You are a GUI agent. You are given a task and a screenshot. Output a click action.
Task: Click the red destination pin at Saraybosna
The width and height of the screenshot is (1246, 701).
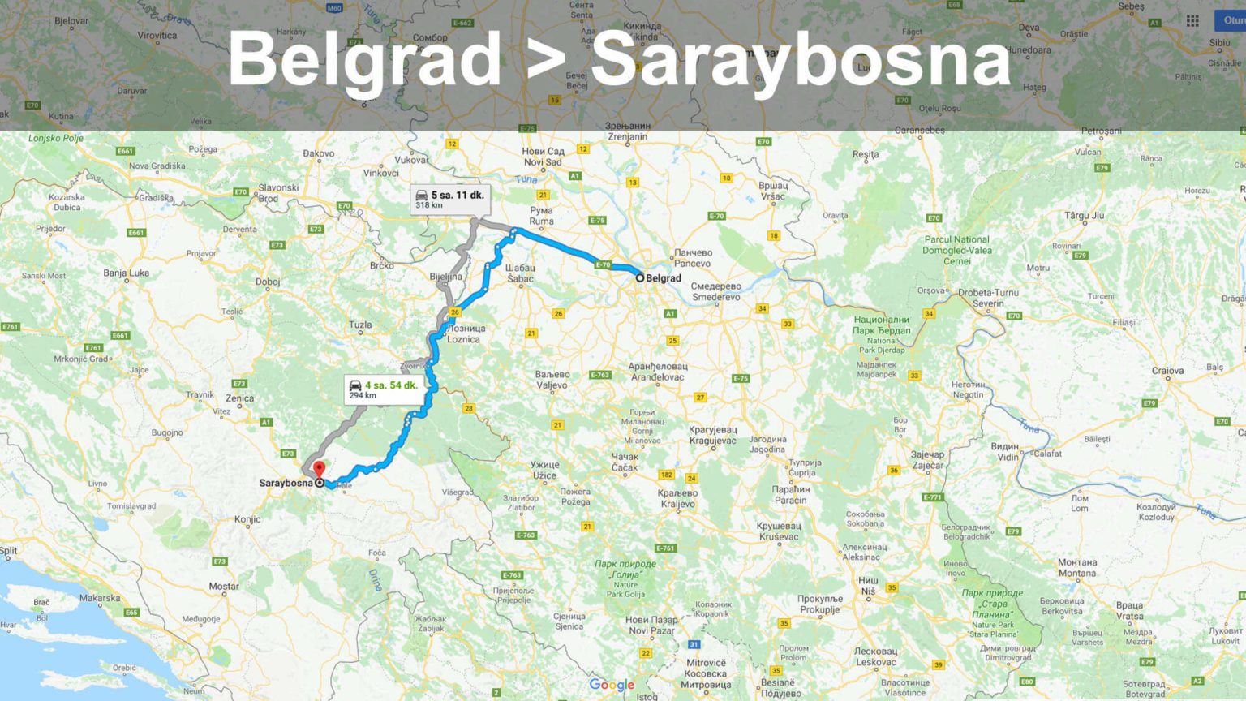pos(320,470)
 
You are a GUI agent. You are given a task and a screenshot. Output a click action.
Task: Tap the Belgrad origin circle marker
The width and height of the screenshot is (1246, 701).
pos(639,278)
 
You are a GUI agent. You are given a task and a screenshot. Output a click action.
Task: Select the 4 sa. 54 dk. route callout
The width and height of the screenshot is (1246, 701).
pos(384,389)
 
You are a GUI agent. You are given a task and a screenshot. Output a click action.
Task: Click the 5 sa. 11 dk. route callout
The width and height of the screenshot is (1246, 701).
pos(449,199)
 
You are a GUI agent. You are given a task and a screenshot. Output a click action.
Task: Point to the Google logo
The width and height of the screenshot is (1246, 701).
pos(612,685)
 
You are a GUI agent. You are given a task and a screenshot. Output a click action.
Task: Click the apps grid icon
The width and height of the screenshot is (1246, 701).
pos(1192,21)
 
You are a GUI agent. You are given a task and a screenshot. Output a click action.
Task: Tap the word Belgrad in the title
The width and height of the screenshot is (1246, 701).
pos(364,59)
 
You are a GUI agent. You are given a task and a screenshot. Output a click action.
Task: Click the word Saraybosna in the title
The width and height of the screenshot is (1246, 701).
pos(801,59)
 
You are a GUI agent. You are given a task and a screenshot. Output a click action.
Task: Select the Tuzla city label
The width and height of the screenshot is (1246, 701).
pos(360,325)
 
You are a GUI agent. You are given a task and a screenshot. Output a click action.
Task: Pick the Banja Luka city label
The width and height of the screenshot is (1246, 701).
pos(126,273)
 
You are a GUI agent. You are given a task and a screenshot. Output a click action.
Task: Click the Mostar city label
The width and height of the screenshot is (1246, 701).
pos(224,586)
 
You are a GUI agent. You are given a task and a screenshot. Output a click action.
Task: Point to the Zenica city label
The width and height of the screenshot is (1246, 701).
pos(239,398)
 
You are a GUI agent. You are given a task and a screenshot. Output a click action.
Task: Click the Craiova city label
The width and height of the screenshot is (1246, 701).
pos(1167,371)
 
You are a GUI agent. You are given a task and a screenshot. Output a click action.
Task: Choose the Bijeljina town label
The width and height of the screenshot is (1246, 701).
pos(445,277)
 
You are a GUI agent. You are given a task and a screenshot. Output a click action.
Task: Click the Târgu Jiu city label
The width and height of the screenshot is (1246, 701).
pos(1084,216)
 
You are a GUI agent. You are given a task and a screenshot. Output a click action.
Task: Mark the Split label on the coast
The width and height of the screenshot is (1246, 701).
pos(8,550)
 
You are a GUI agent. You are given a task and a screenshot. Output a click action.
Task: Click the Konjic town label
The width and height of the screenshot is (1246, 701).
pos(247,519)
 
